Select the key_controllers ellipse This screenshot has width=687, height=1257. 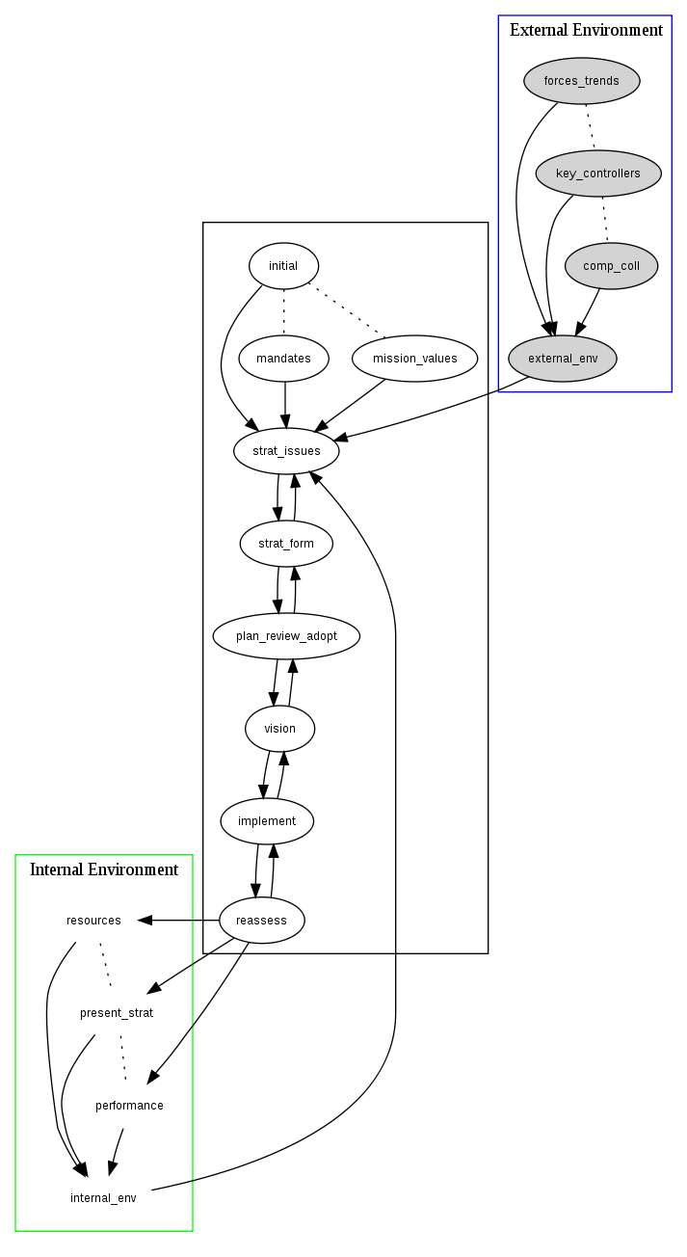pos(598,174)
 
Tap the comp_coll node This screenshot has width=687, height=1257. pos(611,266)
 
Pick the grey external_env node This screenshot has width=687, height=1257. pos(563,359)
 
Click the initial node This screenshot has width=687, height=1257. pos(283,266)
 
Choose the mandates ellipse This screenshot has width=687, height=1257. pos(283,359)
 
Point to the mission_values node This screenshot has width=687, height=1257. pos(415,359)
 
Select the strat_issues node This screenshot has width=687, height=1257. pos(287,451)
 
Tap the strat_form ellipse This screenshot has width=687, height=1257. pos(286,544)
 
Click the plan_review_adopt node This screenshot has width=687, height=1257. pos(286,636)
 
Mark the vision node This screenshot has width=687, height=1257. pos(279,729)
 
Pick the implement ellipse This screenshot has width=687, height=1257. pos(266,821)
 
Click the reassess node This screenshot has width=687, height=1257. pos(262,921)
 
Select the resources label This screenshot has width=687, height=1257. pos(93,921)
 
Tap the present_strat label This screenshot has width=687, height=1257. pos(117,1013)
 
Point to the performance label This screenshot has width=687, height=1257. pos(129,1106)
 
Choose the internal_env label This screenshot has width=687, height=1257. pos(103,1198)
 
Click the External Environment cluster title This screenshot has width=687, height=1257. pos(586,30)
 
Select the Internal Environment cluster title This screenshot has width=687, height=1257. pos(104,869)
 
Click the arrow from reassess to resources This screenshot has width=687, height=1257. pos(178,921)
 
